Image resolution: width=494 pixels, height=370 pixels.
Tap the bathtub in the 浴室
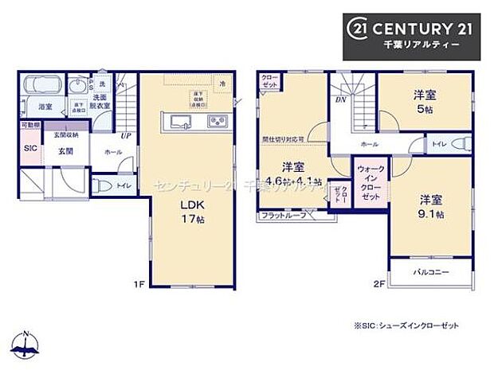point(37,85)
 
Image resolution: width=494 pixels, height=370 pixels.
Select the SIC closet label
point(30,149)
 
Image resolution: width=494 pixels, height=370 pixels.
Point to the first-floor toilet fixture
point(102,185)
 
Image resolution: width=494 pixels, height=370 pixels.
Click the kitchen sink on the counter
point(179,121)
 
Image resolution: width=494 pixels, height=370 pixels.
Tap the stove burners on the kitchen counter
point(217,121)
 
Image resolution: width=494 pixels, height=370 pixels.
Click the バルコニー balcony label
point(431,273)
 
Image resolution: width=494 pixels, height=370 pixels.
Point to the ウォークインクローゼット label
point(369,183)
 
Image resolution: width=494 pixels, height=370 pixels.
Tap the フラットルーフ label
point(282,216)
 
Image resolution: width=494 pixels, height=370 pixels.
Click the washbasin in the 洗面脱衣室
point(78,86)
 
